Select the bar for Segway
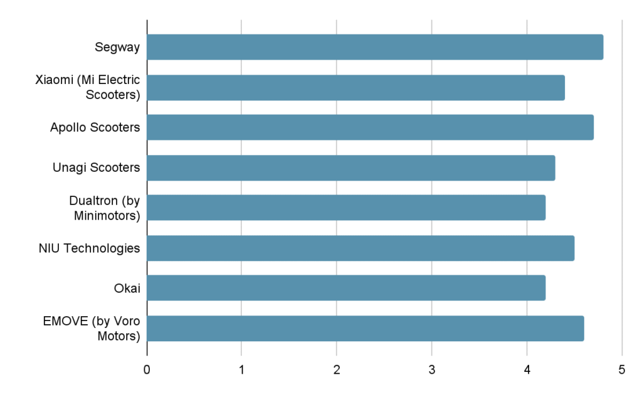click(375, 47)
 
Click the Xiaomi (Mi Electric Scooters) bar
click(355, 87)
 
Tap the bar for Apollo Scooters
click(370, 127)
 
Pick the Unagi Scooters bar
click(351, 167)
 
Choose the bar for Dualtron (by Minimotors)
click(346, 208)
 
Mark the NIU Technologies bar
click(360, 248)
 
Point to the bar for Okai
click(346, 288)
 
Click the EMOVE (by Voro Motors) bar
click(366, 328)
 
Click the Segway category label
click(117, 47)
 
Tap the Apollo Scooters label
click(95, 127)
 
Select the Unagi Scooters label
click(96, 167)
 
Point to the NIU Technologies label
click(89, 248)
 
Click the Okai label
click(127, 288)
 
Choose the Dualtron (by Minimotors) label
click(104, 208)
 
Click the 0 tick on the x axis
click(147, 369)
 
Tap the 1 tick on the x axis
click(241, 369)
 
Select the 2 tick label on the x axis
click(337, 369)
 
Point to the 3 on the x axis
click(431, 369)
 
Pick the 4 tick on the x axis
click(527, 369)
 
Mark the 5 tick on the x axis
click(621, 369)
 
